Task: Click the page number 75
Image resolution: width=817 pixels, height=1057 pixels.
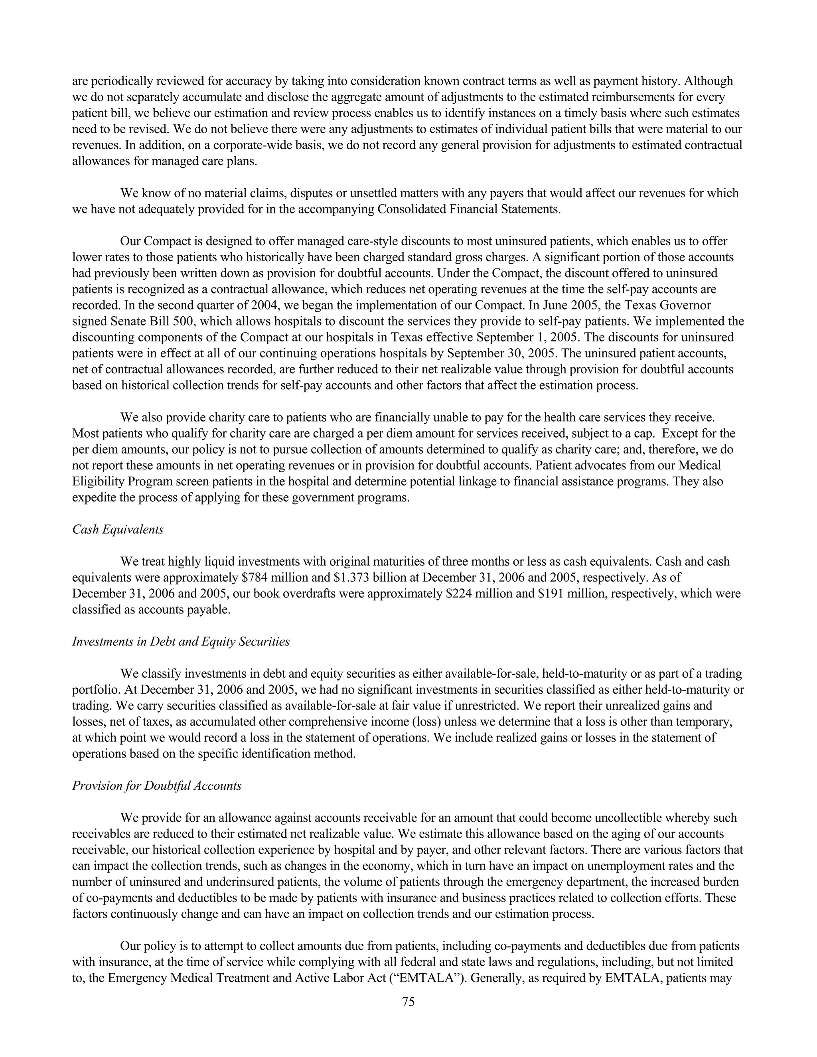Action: tap(408, 1002)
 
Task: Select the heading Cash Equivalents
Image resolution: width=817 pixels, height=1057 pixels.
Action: tap(118, 529)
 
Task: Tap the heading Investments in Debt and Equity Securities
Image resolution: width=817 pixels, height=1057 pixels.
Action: tap(181, 642)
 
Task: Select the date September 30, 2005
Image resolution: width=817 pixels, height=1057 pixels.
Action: tap(499, 353)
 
